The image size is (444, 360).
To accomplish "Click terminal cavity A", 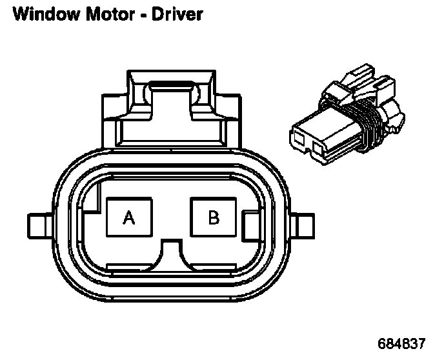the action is tap(129, 218).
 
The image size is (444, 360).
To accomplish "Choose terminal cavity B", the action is tap(213, 218).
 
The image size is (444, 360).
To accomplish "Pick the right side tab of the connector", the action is tap(301, 225).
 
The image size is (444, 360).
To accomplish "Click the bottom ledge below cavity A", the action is tap(129, 266).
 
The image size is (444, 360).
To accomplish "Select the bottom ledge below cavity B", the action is tap(213, 266).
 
